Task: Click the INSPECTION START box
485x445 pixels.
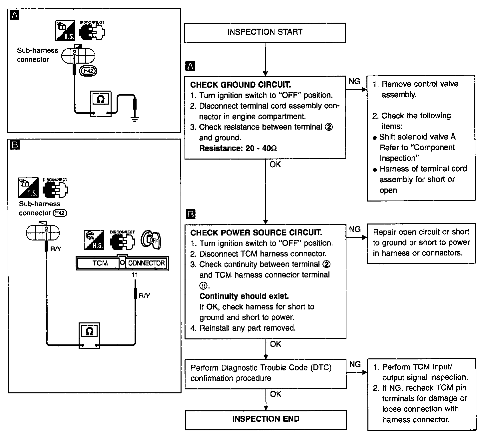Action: [x=265, y=33]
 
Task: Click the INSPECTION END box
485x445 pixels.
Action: [x=266, y=420]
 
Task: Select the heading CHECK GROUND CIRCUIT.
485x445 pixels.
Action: [x=241, y=85]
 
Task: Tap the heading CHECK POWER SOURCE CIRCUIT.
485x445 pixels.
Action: [x=256, y=232]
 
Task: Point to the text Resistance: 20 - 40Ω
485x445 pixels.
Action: [x=238, y=148]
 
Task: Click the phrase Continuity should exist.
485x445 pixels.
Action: [x=244, y=296]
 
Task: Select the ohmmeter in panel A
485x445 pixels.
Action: [x=101, y=104]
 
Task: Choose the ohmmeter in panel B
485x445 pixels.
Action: [x=90, y=336]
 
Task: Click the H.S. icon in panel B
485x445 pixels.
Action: [x=94, y=240]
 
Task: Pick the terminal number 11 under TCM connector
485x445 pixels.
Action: [x=135, y=275]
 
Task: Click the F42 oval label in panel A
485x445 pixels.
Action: [x=88, y=71]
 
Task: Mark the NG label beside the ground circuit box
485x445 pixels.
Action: [x=354, y=81]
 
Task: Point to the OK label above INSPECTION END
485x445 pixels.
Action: [x=275, y=394]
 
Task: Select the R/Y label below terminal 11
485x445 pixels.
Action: [x=145, y=295]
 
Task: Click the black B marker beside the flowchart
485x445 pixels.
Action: [x=191, y=214]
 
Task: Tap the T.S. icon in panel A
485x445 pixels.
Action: [x=65, y=30]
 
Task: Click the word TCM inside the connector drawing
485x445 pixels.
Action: [x=100, y=263]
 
